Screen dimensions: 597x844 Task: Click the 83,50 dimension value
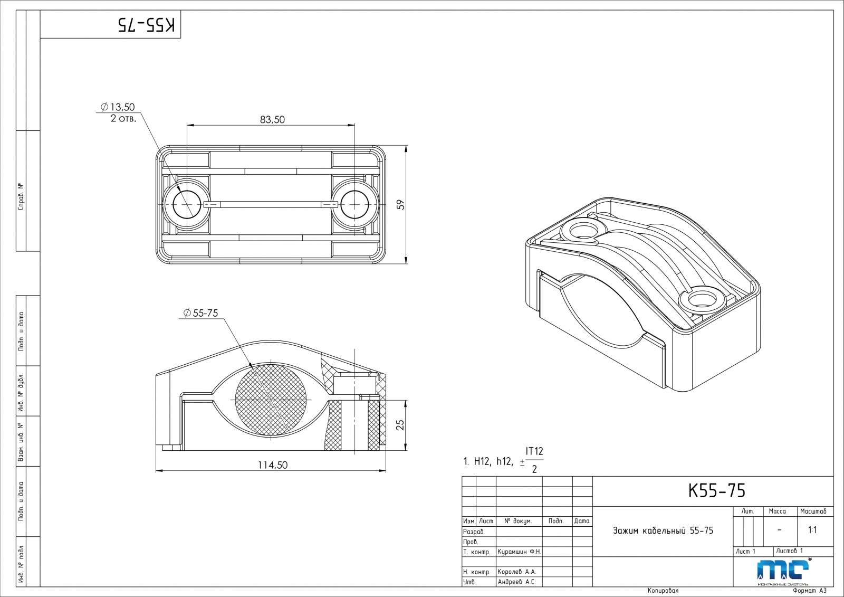click(x=272, y=120)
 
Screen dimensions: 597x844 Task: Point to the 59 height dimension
click(x=401, y=205)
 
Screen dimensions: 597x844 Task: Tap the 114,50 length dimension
click(x=273, y=465)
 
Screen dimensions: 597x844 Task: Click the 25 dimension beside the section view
click(x=400, y=425)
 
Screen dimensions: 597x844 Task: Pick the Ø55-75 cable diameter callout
click(x=200, y=313)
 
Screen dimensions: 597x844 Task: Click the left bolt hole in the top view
click(x=187, y=205)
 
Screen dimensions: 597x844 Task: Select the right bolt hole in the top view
click(x=354, y=205)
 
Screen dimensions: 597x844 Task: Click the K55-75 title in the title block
click(x=717, y=491)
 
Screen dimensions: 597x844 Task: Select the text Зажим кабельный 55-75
click(x=663, y=530)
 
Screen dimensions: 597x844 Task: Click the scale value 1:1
click(x=812, y=529)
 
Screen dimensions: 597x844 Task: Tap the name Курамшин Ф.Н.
click(x=519, y=552)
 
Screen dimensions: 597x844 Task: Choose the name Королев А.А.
click(x=516, y=572)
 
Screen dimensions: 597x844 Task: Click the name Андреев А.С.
click(x=516, y=582)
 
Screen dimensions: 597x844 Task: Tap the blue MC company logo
click(x=783, y=571)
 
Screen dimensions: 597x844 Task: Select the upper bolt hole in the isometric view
click(x=583, y=230)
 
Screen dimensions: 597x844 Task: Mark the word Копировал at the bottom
click(x=663, y=591)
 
